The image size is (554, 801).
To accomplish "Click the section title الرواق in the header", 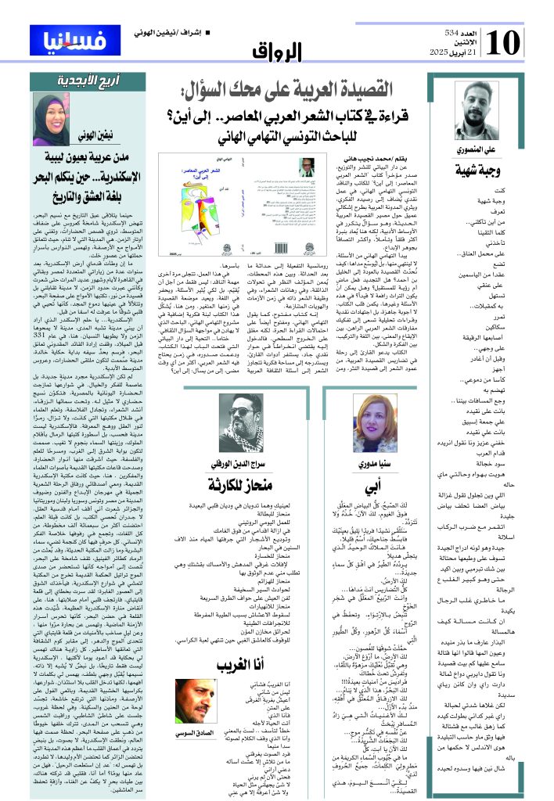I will point(278,53).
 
